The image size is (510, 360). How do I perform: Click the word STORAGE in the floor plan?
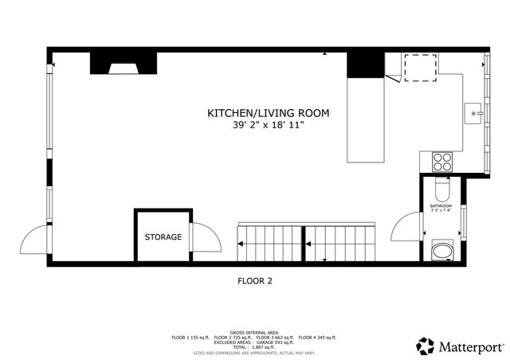click(163, 237)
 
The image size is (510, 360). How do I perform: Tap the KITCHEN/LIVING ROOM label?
click(268, 113)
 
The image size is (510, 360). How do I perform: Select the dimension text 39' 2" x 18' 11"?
click(268, 125)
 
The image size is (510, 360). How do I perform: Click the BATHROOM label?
click(441, 206)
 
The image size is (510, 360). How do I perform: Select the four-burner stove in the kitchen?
click(441, 162)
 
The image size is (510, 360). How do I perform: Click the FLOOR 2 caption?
click(255, 280)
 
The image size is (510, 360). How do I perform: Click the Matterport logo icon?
click(425, 346)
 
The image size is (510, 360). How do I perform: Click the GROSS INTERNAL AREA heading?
click(255, 331)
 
